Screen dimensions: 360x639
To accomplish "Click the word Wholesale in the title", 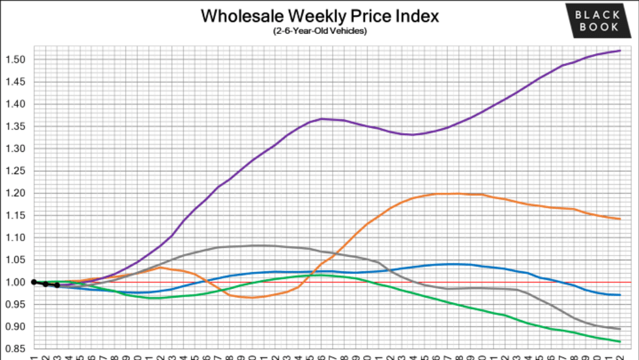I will click(x=239, y=16).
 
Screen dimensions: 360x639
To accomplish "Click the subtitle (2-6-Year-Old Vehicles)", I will click(x=319, y=31).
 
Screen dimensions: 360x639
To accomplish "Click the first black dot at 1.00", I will click(x=34, y=282).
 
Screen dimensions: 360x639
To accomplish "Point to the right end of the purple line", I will click(x=619, y=50).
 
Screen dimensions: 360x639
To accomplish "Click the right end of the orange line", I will click(x=619, y=219).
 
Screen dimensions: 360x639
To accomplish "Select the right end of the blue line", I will click(x=619, y=295).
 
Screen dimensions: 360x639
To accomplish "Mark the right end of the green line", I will click(x=619, y=342).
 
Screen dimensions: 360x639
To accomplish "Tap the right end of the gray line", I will click(x=619, y=329).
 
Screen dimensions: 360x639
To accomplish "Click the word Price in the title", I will click(x=370, y=16).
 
